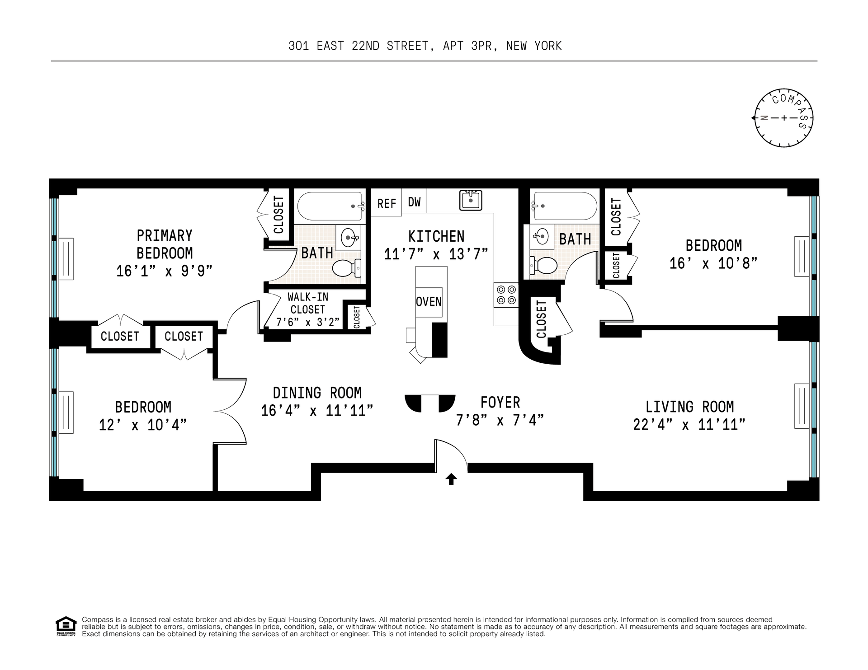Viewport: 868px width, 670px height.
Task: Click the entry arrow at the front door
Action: [451, 479]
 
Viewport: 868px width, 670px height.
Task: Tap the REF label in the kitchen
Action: [387, 204]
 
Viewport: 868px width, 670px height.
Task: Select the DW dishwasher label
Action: [414, 202]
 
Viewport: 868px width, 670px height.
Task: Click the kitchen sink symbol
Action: [471, 200]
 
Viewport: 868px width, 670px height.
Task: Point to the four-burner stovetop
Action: [506, 294]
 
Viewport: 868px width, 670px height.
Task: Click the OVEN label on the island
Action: [429, 301]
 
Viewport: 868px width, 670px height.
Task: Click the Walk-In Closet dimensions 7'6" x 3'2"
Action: [308, 323]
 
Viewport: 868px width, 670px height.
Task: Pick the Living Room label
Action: [689, 407]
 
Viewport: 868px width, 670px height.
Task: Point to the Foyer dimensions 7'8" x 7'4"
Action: [500, 420]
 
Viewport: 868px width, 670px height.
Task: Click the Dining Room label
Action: [317, 393]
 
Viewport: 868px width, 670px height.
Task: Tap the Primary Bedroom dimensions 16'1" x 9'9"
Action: [165, 271]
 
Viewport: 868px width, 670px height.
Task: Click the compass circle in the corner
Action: [784, 118]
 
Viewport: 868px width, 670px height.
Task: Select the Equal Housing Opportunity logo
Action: [66, 627]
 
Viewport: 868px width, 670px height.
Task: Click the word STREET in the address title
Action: [407, 46]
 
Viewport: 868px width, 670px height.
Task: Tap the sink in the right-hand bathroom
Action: [541, 235]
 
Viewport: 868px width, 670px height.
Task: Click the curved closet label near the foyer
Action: [541, 319]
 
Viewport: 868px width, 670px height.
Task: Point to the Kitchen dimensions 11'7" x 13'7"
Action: [436, 254]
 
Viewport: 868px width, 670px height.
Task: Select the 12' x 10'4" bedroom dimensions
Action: [143, 425]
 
